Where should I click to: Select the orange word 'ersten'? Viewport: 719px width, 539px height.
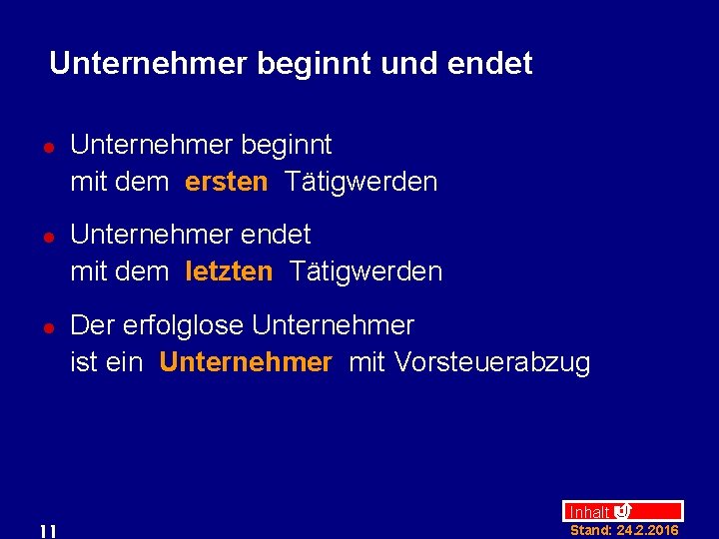(x=227, y=182)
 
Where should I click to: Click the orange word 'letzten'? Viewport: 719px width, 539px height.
(x=229, y=271)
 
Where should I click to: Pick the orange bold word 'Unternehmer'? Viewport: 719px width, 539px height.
(x=245, y=362)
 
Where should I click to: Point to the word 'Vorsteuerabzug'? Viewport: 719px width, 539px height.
(x=492, y=362)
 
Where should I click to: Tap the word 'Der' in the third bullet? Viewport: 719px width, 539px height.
(x=93, y=325)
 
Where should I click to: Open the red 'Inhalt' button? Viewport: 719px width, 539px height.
(x=589, y=511)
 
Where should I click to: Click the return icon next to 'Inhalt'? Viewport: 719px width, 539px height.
(x=622, y=511)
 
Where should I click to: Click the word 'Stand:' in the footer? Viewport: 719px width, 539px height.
(x=590, y=530)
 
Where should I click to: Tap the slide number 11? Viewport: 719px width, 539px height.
(x=47, y=530)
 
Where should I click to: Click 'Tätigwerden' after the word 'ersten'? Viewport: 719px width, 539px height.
(x=360, y=182)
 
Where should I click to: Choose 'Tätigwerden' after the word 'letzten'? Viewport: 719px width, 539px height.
(x=365, y=271)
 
